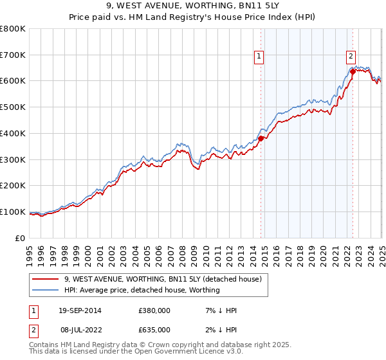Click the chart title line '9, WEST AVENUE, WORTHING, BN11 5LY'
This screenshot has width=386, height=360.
[193, 7]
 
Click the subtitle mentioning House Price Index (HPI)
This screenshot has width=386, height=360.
[193, 18]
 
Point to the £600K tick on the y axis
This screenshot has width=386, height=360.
[13, 81]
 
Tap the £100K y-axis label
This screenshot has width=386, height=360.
[13, 212]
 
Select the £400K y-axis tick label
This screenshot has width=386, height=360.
[13, 133]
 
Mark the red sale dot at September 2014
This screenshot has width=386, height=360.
[261, 138]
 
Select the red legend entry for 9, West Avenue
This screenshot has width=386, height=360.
[162, 279]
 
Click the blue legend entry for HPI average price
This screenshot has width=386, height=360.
[142, 290]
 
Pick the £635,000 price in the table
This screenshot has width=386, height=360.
[154, 330]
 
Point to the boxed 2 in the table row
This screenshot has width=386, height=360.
[33, 330]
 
